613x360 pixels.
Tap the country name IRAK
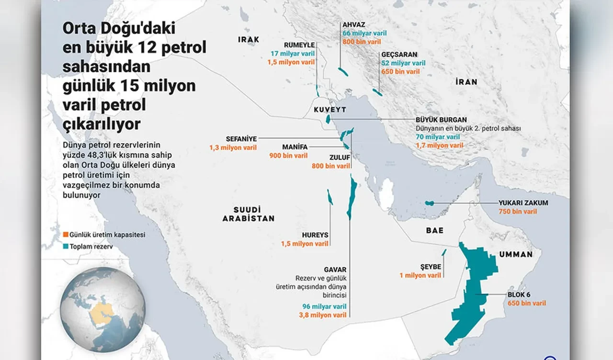pyautogui.click(x=249, y=39)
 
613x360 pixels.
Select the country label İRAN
pyautogui.click(x=466, y=82)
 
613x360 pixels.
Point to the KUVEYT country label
pyautogui.click(x=329, y=110)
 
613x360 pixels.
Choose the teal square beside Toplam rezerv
pyautogui.click(x=66, y=247)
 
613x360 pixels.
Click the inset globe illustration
pyautogui.click(x=102, y=304)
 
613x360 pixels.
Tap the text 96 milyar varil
pyautogui.click(x=324, y=306)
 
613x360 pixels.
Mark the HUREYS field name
pyautogui.click(x=315, y=235)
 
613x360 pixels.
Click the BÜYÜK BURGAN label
pyautogui.click(x=441, y=120)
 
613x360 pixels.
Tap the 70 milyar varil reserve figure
pyautogui.click(x=439, y=137)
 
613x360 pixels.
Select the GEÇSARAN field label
pyautogui.click(x=399, y=55)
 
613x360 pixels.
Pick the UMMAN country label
pyautogui.click(x=516, y=254)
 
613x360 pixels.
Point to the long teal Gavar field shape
pyautogui.click(x=352, y=196)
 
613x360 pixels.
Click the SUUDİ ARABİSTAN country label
pyautogui.click(x=248, y=214)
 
